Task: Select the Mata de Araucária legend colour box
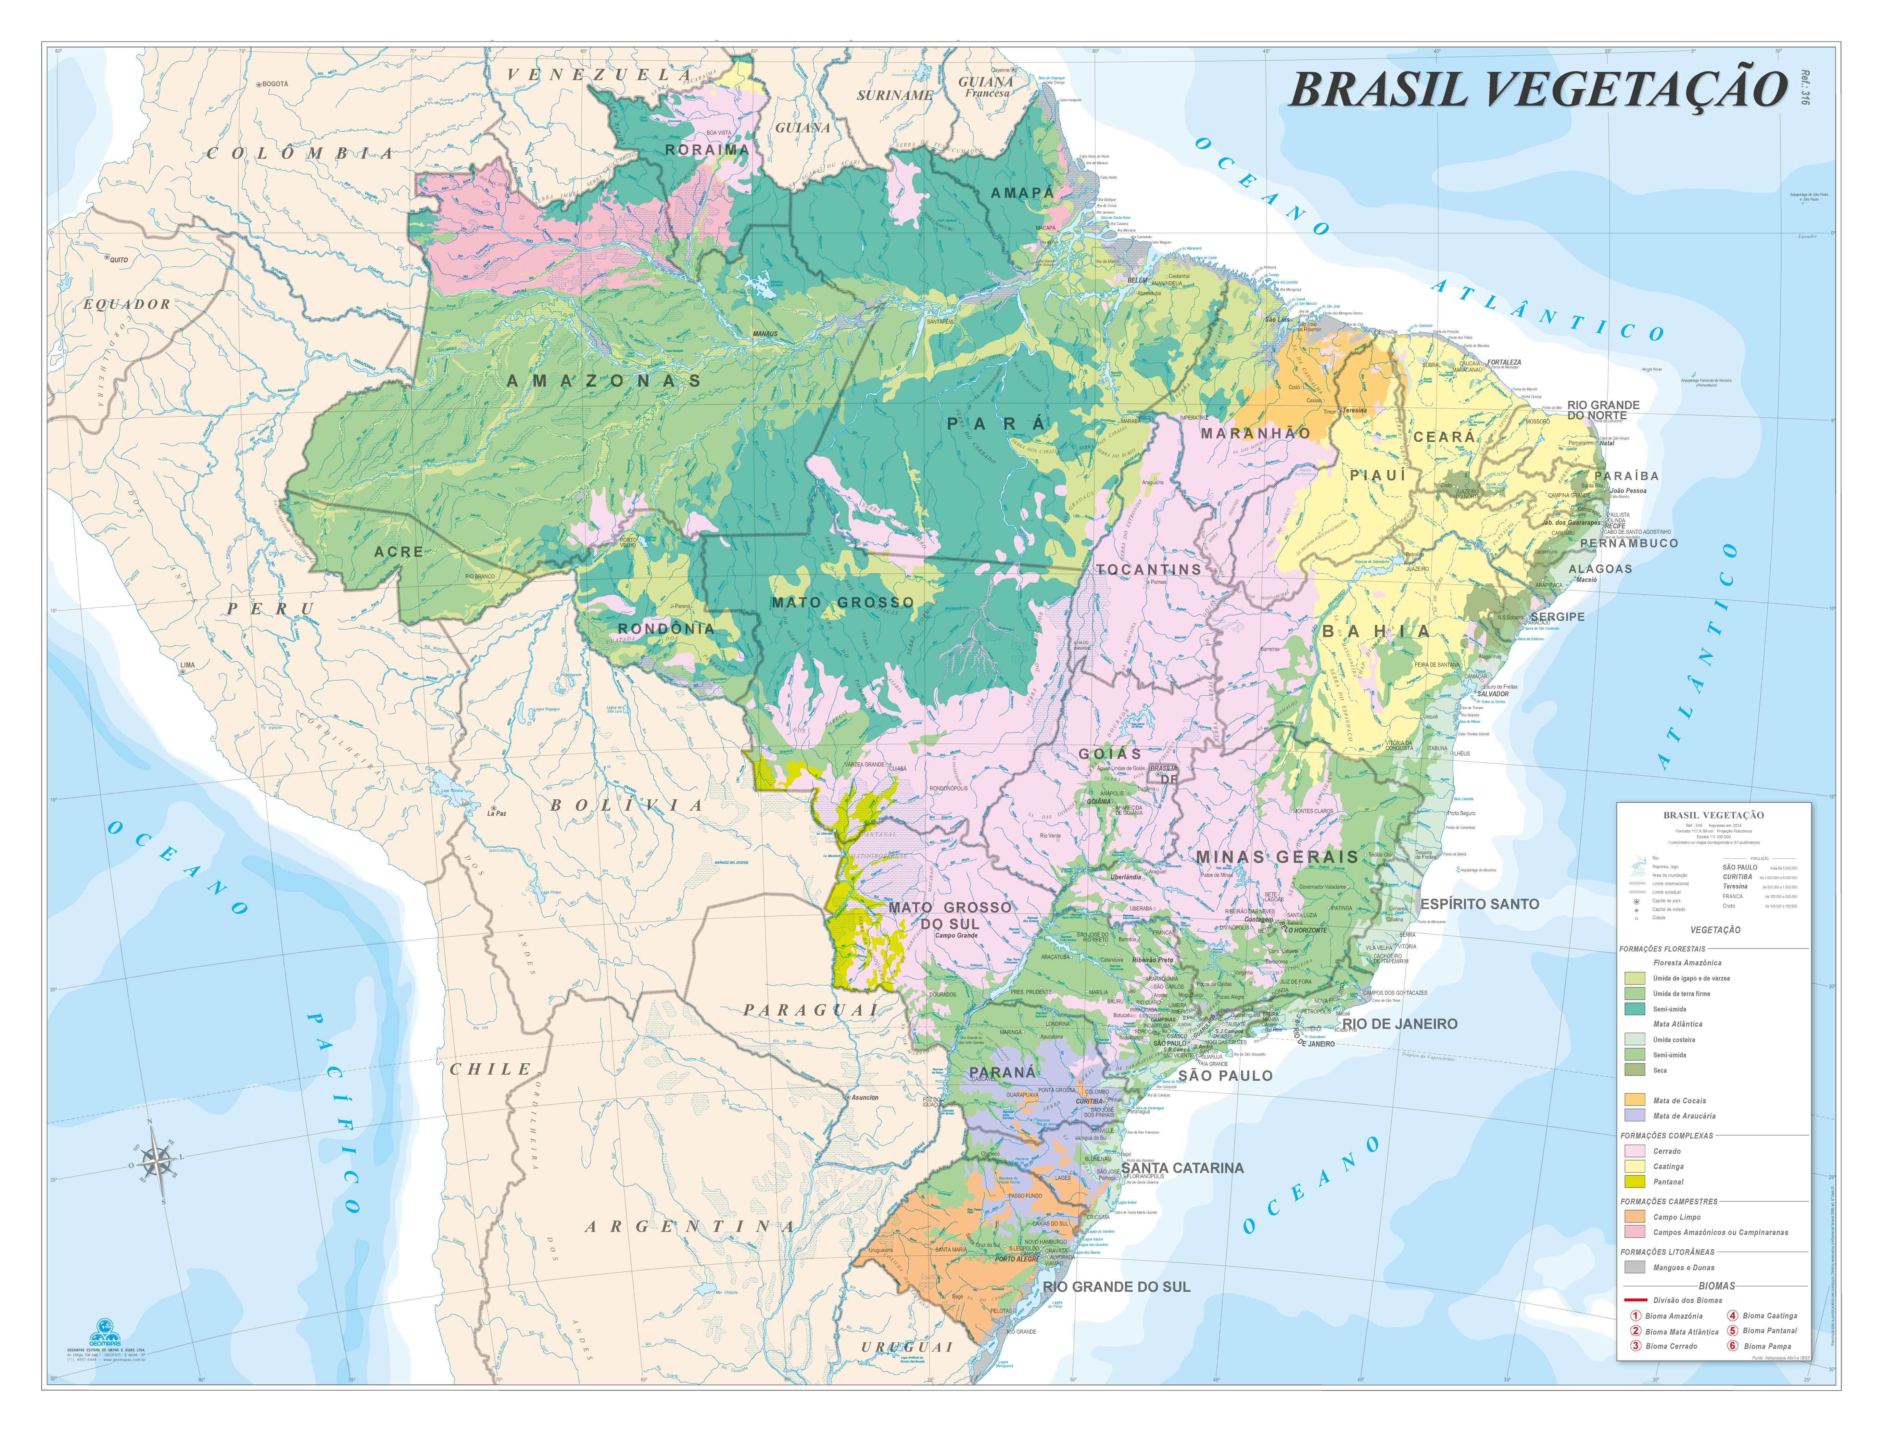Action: coord(1634,1115)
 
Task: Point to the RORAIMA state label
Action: coord(707,150)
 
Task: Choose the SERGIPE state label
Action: coord(1557,616)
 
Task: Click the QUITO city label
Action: coord(118,259)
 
